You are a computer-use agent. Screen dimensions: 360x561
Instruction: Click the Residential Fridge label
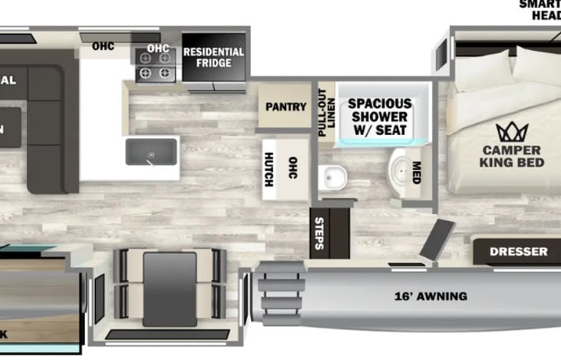point(214,57)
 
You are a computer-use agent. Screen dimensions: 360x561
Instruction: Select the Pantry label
point(285,107)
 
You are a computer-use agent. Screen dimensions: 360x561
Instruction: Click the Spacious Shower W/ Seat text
point(381,117)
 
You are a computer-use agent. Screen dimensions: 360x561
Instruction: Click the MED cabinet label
point(417,169)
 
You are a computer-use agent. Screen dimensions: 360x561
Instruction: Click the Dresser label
point(520,251)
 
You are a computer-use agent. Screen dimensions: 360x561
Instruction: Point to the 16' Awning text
point(431,296)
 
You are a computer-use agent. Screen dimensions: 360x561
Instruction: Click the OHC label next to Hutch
point(292,167)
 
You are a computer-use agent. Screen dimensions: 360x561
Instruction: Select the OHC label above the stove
point(158,48)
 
